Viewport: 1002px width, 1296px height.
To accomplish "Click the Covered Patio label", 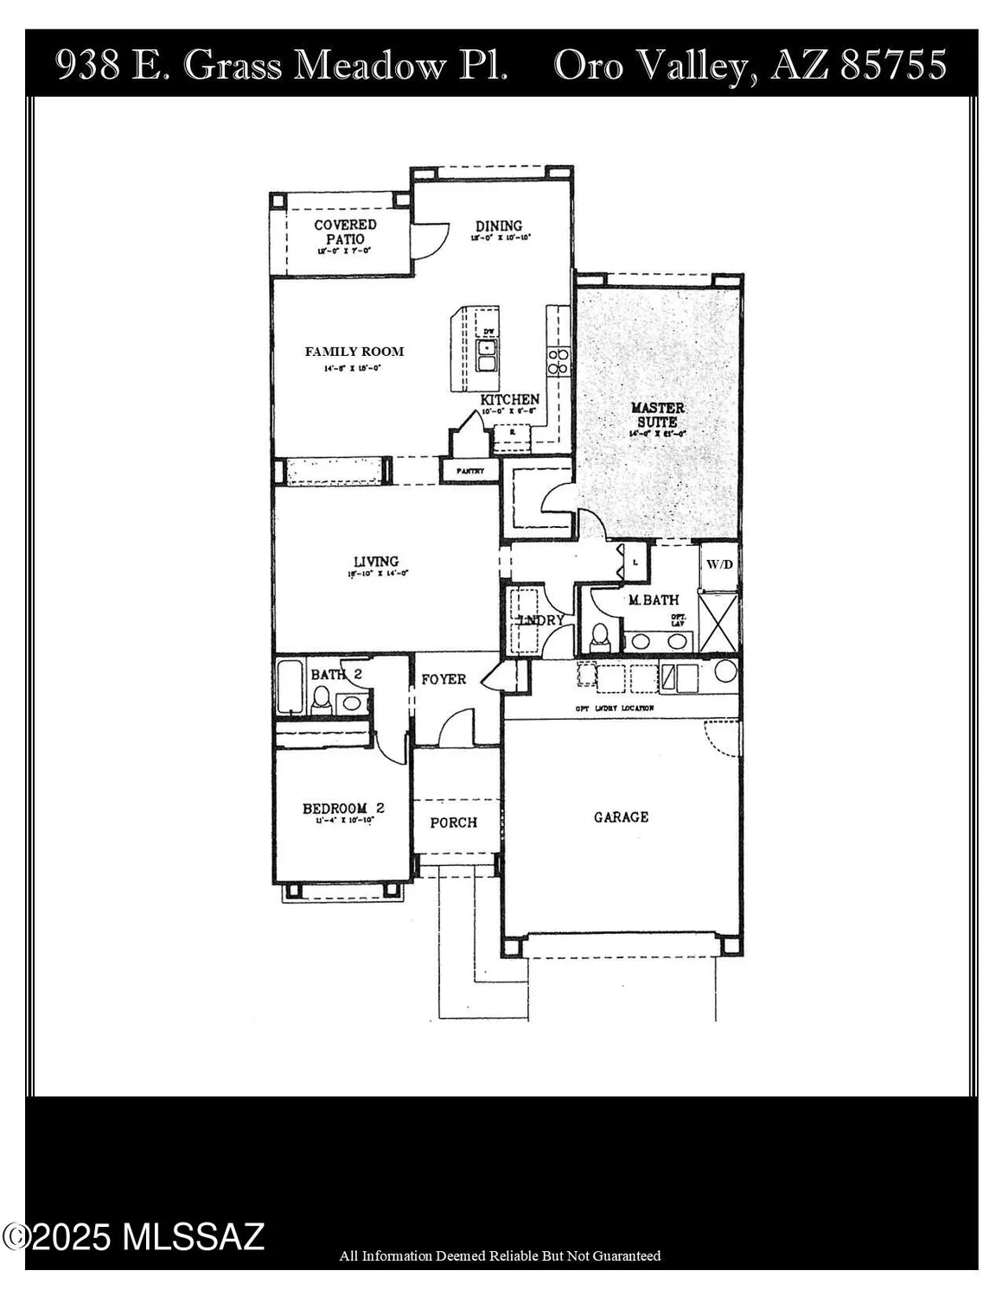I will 345,232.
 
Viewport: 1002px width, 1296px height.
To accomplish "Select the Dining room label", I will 499,226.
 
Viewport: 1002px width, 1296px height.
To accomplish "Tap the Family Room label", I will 354,352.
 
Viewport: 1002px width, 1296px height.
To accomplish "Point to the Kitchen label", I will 510,400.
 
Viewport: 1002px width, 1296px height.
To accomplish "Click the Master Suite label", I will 658,414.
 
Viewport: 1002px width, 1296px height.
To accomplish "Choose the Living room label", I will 375,562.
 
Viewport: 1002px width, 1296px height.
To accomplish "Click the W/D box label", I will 719,565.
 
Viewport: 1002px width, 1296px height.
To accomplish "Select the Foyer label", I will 444,680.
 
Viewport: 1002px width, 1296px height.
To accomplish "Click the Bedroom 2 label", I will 343,809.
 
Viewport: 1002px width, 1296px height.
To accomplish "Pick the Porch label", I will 453,823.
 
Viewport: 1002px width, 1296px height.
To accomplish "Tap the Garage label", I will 621,816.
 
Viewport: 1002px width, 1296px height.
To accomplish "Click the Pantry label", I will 470,471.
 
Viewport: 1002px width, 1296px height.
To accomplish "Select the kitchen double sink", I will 488,355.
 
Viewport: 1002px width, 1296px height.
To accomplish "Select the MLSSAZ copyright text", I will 134,1237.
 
